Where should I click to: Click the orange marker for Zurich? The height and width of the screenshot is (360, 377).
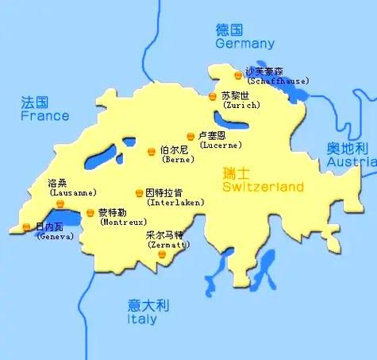click(x=213, y=96)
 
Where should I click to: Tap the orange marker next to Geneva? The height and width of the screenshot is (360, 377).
click(x=27, y=226)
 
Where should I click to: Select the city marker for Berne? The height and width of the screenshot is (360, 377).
click(x=152, y=150)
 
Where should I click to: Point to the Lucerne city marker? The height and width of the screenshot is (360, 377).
click(x=190, y=136)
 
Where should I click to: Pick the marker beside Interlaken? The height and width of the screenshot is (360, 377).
click(x=139, y=193)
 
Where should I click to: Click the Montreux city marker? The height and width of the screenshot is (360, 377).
click(x=90, y=213)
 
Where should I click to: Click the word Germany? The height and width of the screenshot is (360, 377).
click(x=245, y=45)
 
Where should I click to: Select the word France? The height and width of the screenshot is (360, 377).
click(x=44, y=115)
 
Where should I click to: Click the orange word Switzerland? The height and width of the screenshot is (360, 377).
click(x=263, y=188)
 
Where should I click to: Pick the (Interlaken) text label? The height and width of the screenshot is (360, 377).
click(x=170, y=203)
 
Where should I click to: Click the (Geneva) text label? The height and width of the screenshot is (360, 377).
click(x=54, y=236)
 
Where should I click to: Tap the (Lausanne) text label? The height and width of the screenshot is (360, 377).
click(x=72, y=192)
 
